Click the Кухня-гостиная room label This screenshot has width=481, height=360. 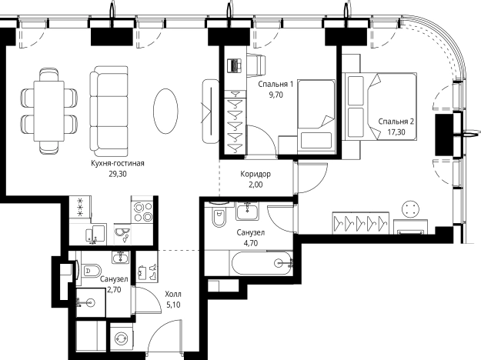[x=118, y=163]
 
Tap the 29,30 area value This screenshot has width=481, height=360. [x=118, y=174]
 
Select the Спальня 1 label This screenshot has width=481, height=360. [x=276, y=84]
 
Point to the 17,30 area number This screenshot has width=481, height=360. [x=396, y=132]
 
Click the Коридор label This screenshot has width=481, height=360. [x=256, y=174]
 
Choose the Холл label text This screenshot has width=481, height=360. [x=173, y=295]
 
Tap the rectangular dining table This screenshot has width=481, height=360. [x=49, y=111]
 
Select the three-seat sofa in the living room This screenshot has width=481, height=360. [x=109, y=111]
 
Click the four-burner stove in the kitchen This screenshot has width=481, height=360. [x=142, y=212]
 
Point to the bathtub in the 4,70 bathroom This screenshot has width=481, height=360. [x=261, y=263]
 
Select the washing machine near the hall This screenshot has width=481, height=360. [x=122, y=338]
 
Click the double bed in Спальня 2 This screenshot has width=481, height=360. [x=379, y=106]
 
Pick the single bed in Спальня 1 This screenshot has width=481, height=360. [x=316, y=115]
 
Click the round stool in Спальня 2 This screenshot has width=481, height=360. [x=410, y=208]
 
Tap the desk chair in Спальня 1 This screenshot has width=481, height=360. [x=256, y=65]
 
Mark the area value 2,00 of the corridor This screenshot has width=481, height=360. [x=256, y=185]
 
